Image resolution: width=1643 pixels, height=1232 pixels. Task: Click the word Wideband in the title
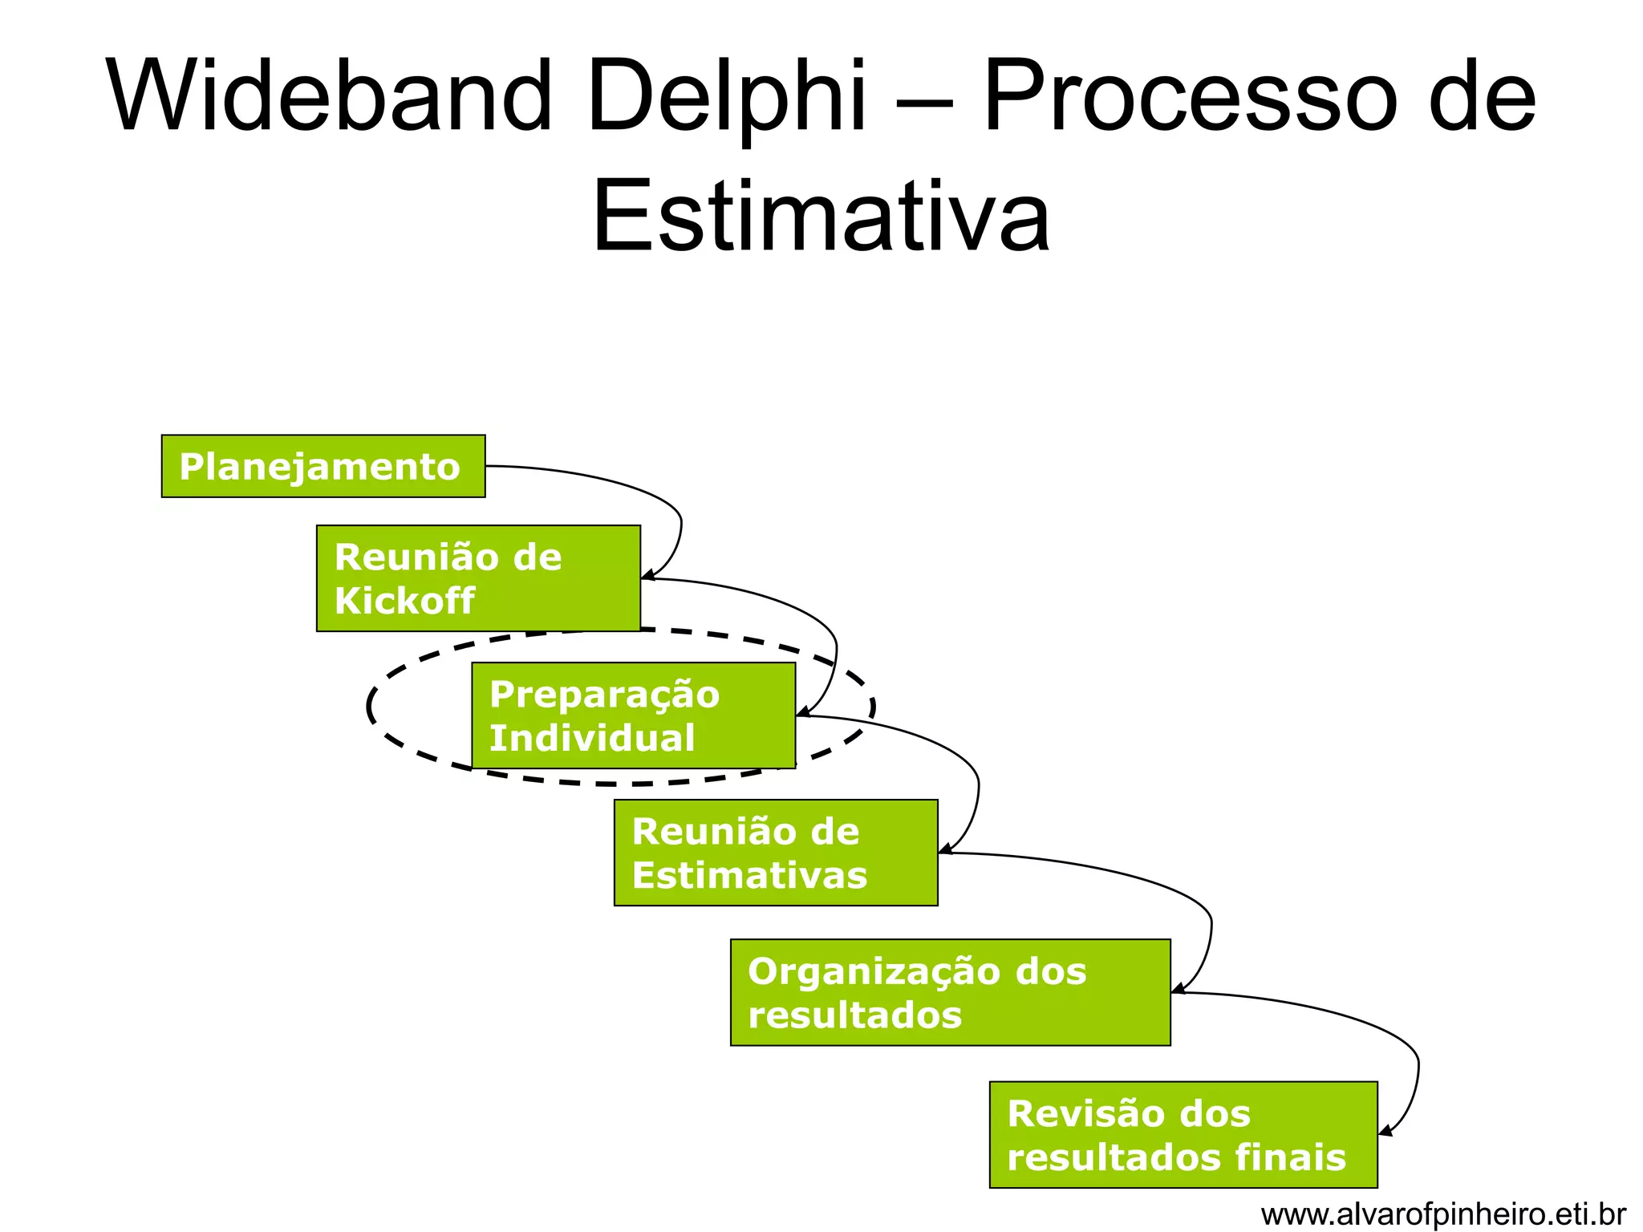[329, 96]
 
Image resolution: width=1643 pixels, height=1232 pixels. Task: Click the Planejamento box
[323, 466]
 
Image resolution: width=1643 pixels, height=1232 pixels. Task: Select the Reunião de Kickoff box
[478, 578]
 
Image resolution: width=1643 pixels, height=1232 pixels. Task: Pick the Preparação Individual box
[633, 715]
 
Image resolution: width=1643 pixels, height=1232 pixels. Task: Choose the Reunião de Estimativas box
[776, 853]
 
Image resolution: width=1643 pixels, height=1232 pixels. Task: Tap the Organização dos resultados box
[950, 992]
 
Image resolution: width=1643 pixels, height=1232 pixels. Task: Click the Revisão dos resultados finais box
[1183, 1134]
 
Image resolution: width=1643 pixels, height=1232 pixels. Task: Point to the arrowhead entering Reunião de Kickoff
[647, 575]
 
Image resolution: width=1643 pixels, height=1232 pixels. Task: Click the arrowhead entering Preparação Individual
[801, 712]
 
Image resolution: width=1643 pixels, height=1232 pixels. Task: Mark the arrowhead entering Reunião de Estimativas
[944, 849]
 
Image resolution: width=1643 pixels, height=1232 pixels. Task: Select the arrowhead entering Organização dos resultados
[1177, 989]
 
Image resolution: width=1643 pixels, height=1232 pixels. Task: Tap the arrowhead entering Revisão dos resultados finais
[1384, 1131]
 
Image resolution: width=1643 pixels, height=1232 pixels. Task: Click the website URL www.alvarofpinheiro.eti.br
[1443, 1214]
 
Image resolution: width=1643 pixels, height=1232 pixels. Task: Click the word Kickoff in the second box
[404, 601]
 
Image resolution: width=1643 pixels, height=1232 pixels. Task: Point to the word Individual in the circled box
[592, 738]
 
